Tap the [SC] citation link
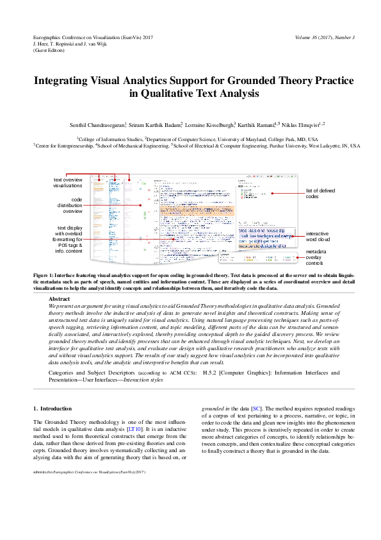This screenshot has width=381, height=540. coord(256,408)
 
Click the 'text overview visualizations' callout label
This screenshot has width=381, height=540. coord(68,182)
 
